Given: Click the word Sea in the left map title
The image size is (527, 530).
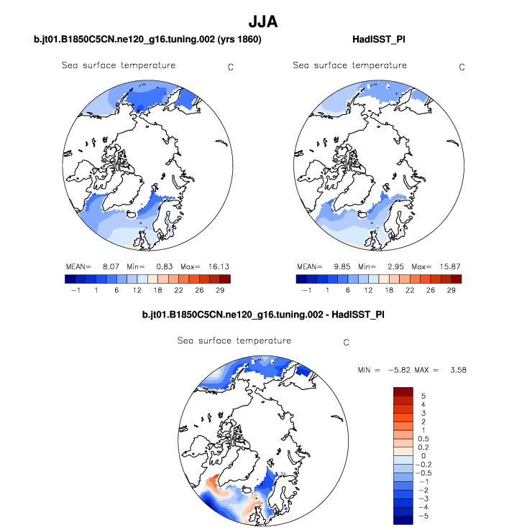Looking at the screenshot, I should click(70, 65).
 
